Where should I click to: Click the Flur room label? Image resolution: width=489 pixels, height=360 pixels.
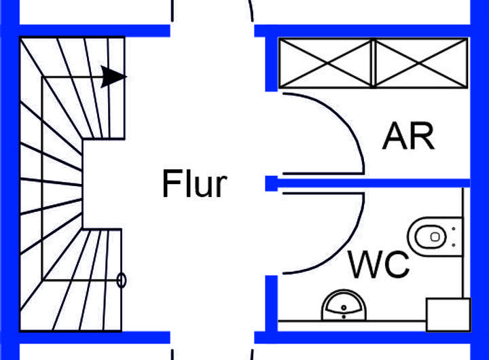pos(194,183)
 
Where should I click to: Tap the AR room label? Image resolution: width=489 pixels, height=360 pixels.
pos(408,137)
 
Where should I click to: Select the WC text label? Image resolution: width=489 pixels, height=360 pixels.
pos(378,264)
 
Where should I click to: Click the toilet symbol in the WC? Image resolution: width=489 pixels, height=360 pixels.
pos(431,236)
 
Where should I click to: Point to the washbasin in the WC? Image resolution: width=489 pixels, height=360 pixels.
pos(344,307)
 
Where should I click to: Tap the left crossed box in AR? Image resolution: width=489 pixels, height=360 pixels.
pos(327,63)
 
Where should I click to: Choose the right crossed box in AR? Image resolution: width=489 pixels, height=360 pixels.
pos(421,63)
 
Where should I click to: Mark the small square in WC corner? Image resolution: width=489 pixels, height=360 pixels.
pos(448,314)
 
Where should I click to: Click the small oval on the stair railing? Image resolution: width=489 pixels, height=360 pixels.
pos(122,279)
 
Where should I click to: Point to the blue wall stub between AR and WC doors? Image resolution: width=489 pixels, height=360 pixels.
pos(271,182)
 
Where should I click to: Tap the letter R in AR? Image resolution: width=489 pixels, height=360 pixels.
pos(422,137)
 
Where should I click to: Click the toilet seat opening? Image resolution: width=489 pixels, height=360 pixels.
pos(426,236)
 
